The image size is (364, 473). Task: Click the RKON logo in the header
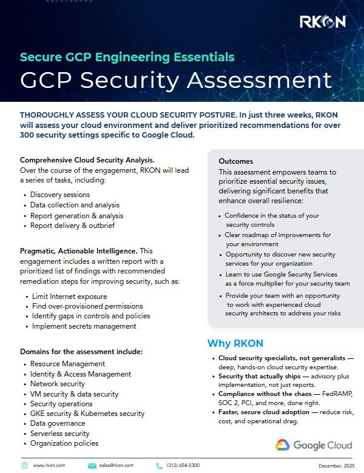(323, 22)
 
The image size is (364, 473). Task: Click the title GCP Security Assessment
(176, 80)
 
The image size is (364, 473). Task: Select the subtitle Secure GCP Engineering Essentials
(127, 58)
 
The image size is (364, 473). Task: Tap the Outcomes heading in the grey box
(236, 161)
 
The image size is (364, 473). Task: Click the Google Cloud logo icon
(282, 445)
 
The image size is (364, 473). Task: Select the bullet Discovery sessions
(60, 195)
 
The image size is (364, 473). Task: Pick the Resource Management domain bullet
(67, 364)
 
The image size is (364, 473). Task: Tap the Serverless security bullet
(59, 434)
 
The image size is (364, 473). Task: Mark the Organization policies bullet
(64, 443)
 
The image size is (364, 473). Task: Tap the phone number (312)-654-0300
(183, 465)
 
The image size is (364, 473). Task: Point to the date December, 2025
(336, 465)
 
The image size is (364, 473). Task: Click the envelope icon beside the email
(92, 465)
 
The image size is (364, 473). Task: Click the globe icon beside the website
(25, 465)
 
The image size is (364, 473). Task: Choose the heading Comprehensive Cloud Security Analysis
(87, 160)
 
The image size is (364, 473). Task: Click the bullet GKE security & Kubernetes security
(87, 414)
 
